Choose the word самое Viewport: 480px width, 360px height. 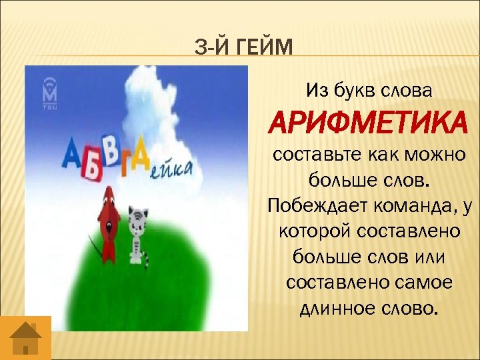424,283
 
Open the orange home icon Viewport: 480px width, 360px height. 26,339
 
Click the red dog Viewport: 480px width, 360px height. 109,220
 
